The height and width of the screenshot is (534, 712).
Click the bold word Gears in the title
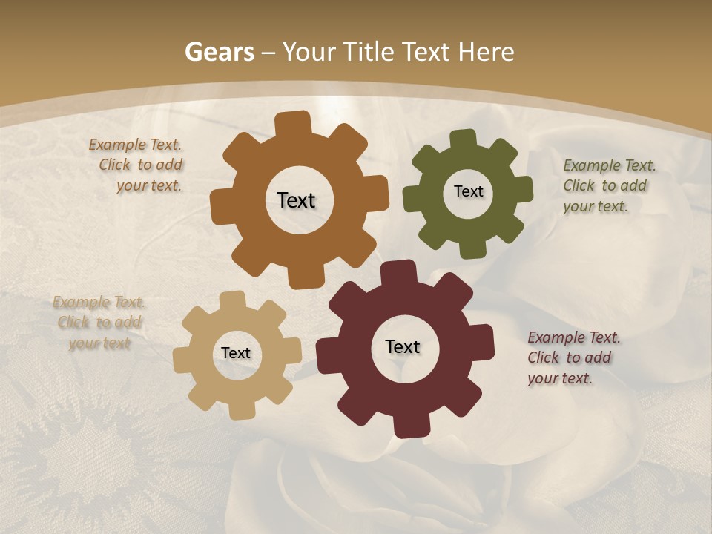tap(219, 52)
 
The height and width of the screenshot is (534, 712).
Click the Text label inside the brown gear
tap(296, 200)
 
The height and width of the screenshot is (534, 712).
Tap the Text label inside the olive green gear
tap(468, 191)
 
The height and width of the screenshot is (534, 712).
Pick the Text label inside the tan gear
tap(236, 354)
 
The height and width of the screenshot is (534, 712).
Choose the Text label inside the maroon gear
tap(403, 346)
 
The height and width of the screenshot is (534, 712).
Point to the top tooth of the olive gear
tap(464, 139)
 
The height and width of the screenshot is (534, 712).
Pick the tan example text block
tap(99, 323)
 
